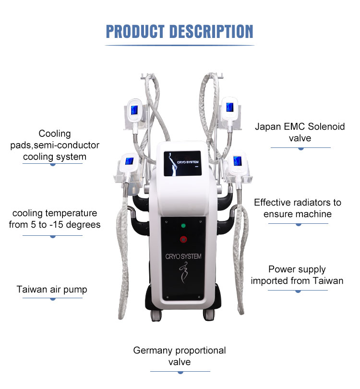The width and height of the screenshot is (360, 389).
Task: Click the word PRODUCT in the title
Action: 135,32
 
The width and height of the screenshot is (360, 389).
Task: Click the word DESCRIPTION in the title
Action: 212,32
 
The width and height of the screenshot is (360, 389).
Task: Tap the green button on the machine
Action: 183,226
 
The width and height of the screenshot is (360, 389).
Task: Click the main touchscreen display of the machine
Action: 182,163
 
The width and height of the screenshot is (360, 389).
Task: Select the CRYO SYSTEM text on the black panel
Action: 183,256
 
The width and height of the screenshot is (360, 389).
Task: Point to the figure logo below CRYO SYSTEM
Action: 183,273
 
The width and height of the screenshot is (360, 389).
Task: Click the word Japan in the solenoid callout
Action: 268,127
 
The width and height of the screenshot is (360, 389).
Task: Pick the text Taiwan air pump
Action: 52,290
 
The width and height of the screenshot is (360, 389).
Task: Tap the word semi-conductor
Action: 66,145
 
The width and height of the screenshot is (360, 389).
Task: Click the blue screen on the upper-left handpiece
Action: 134,110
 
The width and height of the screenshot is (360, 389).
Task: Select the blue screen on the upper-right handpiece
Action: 230,107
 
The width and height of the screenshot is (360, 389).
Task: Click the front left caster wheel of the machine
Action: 156,316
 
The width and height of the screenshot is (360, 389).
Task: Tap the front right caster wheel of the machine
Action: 209,315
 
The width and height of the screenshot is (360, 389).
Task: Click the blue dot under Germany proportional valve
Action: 180,372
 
